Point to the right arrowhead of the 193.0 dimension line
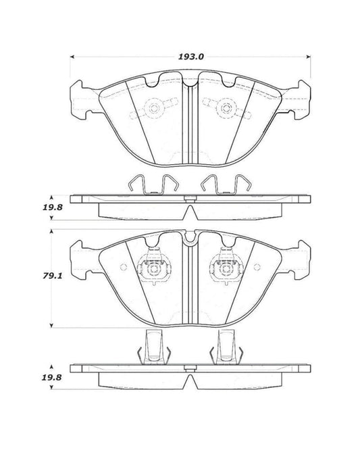(x=309, y=57)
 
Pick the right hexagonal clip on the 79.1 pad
(x=224, y=270)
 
